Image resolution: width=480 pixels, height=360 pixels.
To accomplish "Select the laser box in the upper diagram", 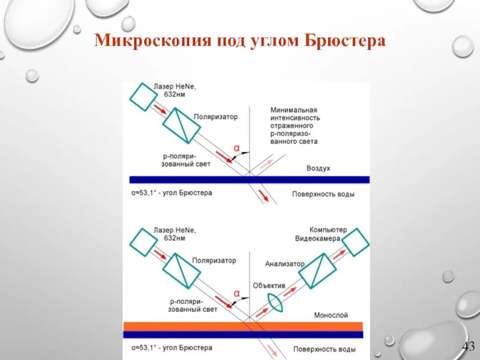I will click(x=143, y=96).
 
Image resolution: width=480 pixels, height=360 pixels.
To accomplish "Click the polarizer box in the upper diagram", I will click(x=181, y=125).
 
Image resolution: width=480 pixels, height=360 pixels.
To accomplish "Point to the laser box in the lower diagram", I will click(x=143, y=242).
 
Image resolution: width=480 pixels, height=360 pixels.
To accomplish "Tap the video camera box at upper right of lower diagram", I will click(x=355, y=242).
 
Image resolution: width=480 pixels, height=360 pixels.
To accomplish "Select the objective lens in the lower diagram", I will click(x=275, y=298).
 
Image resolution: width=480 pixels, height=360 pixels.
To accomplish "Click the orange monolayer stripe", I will click(x=243, y=326).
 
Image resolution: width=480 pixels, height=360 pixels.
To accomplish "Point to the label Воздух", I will click(x=318, y=169).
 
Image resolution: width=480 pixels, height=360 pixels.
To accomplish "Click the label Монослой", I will click(x=331, y=315).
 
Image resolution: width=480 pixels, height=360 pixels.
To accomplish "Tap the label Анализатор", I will click(x=285, y=263).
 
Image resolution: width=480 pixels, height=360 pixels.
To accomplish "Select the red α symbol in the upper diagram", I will click(x=236, y=148).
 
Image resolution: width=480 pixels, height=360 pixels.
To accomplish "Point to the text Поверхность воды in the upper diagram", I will click(x=323, y=194).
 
